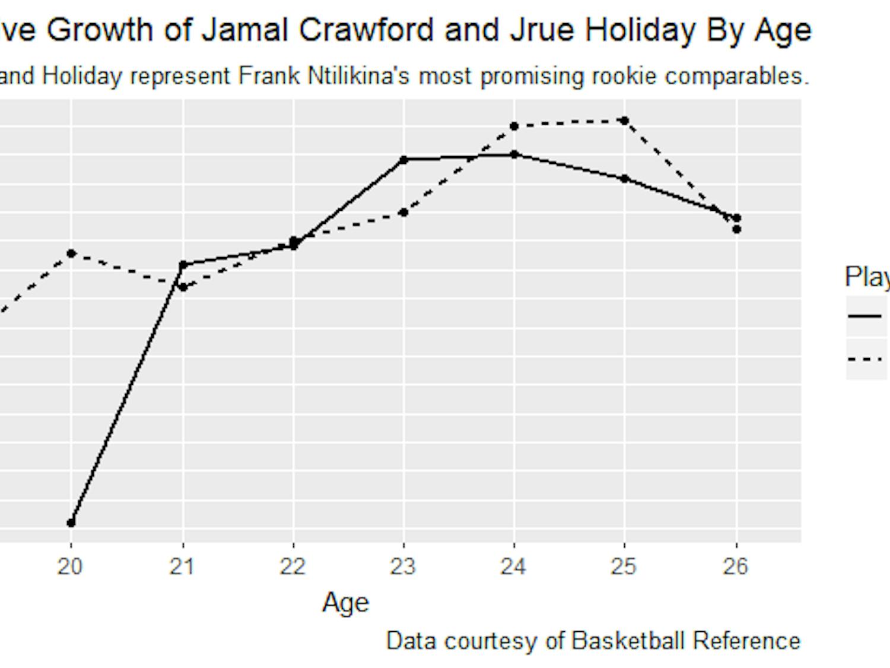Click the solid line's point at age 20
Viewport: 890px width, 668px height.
(71, 523)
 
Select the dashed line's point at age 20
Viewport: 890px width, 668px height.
(71, 254)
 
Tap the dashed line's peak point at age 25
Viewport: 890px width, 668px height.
(624, 121)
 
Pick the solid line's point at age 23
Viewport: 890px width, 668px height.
(403, 160)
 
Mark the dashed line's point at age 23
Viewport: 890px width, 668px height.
(403, 212)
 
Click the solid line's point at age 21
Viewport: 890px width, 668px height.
(183, 265)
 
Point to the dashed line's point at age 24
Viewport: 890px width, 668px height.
(514, 126)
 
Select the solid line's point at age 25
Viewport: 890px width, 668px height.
(624, 178)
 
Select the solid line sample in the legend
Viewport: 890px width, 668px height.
(865, 316)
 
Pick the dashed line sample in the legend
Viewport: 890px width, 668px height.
(865, 359)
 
